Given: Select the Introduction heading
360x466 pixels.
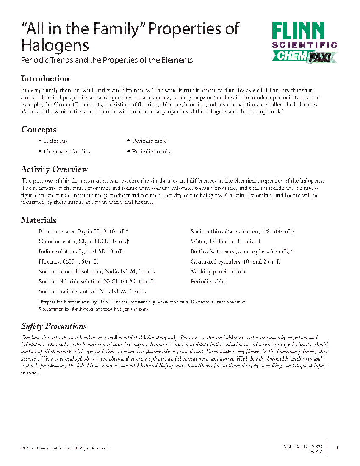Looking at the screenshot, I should [x=45, y=79].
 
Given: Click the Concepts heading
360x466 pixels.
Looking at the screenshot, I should [x=39, y=130].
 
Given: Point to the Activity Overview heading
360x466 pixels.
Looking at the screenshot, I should [x=55, y=169].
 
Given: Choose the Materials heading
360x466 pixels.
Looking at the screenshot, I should [x=39, y=220].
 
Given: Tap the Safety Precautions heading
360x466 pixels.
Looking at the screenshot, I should [x=54, y=326].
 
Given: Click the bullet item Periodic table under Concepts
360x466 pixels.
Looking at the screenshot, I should [x=149, y=141].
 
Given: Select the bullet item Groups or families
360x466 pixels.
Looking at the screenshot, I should [x=67, y=152].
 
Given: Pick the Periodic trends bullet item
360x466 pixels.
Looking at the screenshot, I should [x=151, y=152].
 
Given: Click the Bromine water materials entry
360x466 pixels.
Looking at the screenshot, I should [x=83, y=232].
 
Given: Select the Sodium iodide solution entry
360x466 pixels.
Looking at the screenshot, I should [x=92, y=291].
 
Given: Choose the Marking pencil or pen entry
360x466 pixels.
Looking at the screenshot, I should [x=218, y=272].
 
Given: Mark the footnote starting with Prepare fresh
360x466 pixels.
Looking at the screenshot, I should [x=142, y=302].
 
